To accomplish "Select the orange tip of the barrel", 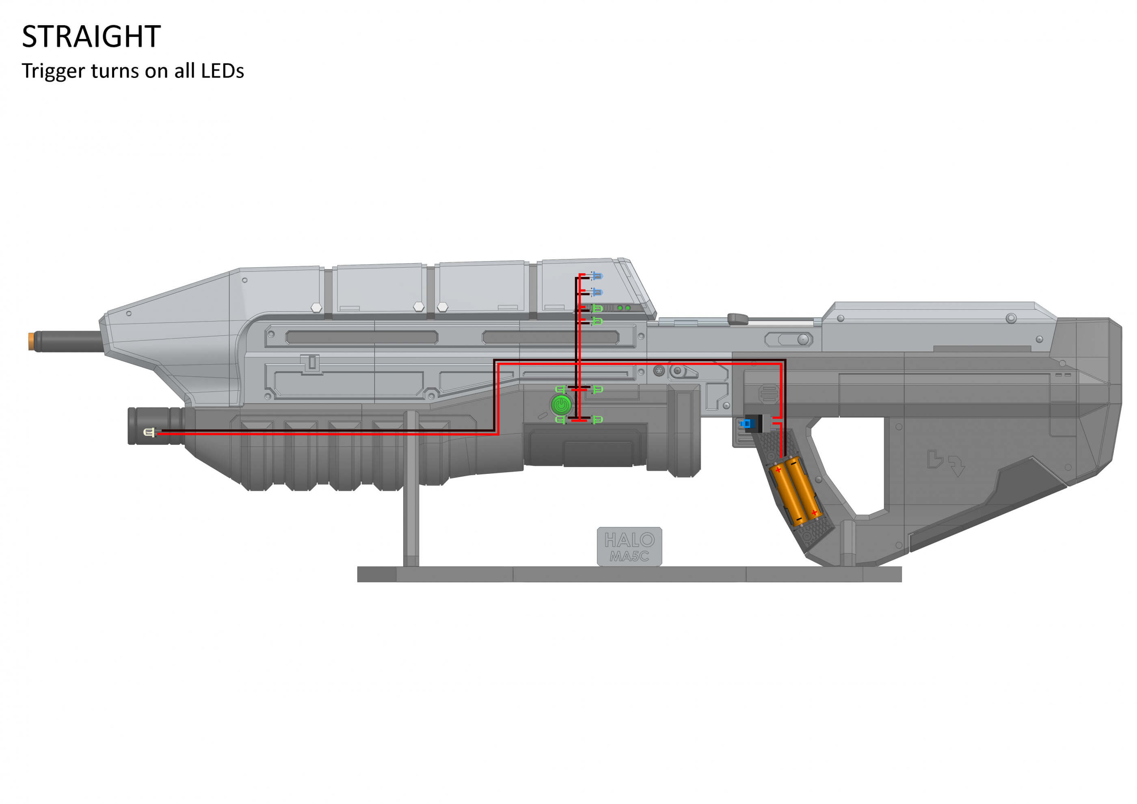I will pos(32,341).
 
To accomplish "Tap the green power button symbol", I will pos(561,405).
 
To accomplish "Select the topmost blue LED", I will pos(597,275).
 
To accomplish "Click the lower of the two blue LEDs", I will pos(597,293).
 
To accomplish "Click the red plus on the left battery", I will pos(778,469).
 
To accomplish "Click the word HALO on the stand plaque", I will pos(629,540).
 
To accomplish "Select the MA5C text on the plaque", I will pos(629,556).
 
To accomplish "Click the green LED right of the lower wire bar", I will pos(598,420).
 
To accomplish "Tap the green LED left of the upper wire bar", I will pos(560,390).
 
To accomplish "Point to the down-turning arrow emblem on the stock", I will pos(957,465).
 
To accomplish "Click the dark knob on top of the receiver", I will pos(738,318).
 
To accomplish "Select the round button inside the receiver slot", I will pos(803,339).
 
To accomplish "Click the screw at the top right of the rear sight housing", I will pos(1011,318).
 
